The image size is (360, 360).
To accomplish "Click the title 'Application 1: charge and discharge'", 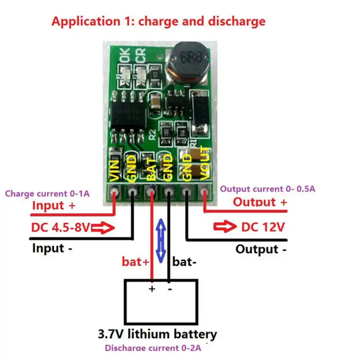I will [158, 22].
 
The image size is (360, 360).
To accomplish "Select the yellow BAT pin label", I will [150, 168].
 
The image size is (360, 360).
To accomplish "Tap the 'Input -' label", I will [52, 247].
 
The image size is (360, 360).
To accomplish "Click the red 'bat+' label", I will [134, 262].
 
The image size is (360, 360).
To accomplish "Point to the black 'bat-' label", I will [184, 262].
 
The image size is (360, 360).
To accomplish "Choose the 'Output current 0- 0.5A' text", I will [268, 189].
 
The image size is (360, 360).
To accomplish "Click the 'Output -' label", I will [262, 249].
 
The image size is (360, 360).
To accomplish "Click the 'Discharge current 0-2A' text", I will [152, 348].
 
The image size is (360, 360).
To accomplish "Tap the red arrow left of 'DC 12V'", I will [224, 228].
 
